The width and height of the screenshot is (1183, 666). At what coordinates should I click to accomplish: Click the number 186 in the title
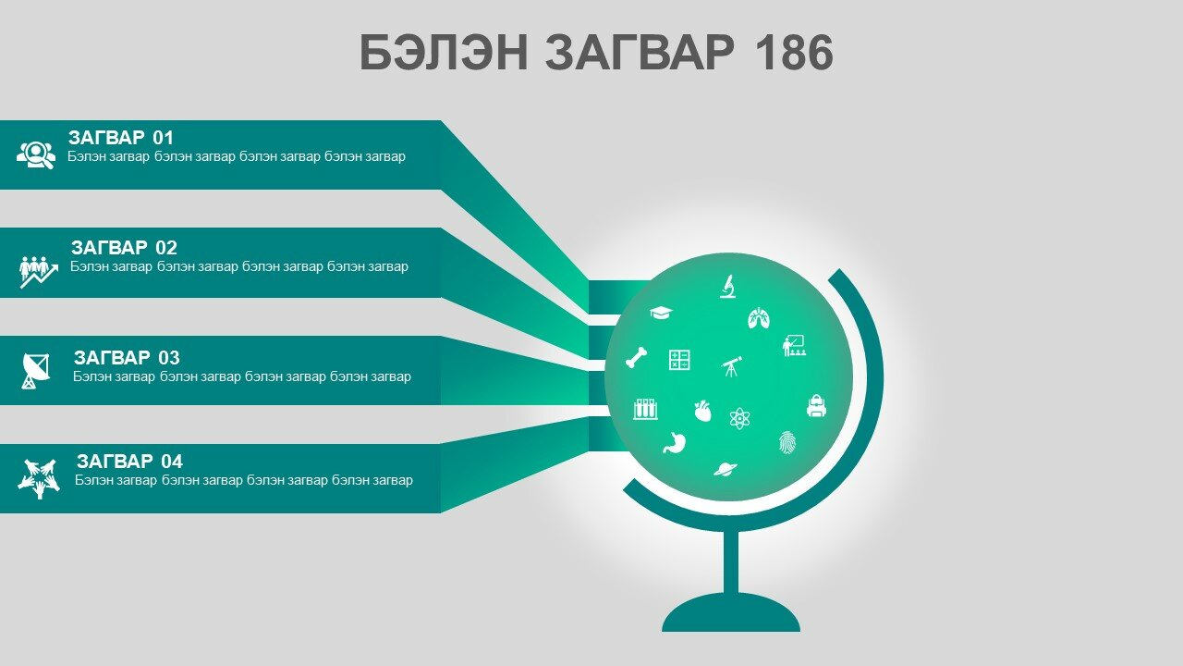(794, 52)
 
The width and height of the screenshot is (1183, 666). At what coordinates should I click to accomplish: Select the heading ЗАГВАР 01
(121, 138)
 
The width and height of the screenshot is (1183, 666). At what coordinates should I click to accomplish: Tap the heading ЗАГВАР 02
(124, 248)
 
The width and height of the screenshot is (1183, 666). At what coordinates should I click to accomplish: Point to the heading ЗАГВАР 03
(127, 358)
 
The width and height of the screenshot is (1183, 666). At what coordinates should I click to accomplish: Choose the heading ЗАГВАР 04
(129, 462)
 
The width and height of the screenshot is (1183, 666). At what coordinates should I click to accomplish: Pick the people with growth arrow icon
(39, 272)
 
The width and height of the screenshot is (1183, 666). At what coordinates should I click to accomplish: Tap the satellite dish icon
(36, 371)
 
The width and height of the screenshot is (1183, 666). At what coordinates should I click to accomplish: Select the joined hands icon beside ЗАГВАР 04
(39, 479)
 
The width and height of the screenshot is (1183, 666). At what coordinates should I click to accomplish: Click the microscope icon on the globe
(728, 287)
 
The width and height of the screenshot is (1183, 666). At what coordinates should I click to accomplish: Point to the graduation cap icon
(661, 313)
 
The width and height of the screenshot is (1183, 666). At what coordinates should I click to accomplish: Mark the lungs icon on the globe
(759, 317)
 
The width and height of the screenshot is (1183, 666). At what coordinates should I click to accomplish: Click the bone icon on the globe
(637, 357)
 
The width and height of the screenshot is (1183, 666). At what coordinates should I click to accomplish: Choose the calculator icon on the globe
(679, 360)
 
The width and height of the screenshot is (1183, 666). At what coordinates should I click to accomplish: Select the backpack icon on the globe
(816, 406)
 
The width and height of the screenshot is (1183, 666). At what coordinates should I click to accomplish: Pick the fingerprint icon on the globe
(787, 442)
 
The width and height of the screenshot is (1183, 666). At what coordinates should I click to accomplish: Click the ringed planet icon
(726, 469)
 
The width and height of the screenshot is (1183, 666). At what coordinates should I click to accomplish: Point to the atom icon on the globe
(739, 419)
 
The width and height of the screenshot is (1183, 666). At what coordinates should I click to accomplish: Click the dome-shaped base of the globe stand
(731, 613)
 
